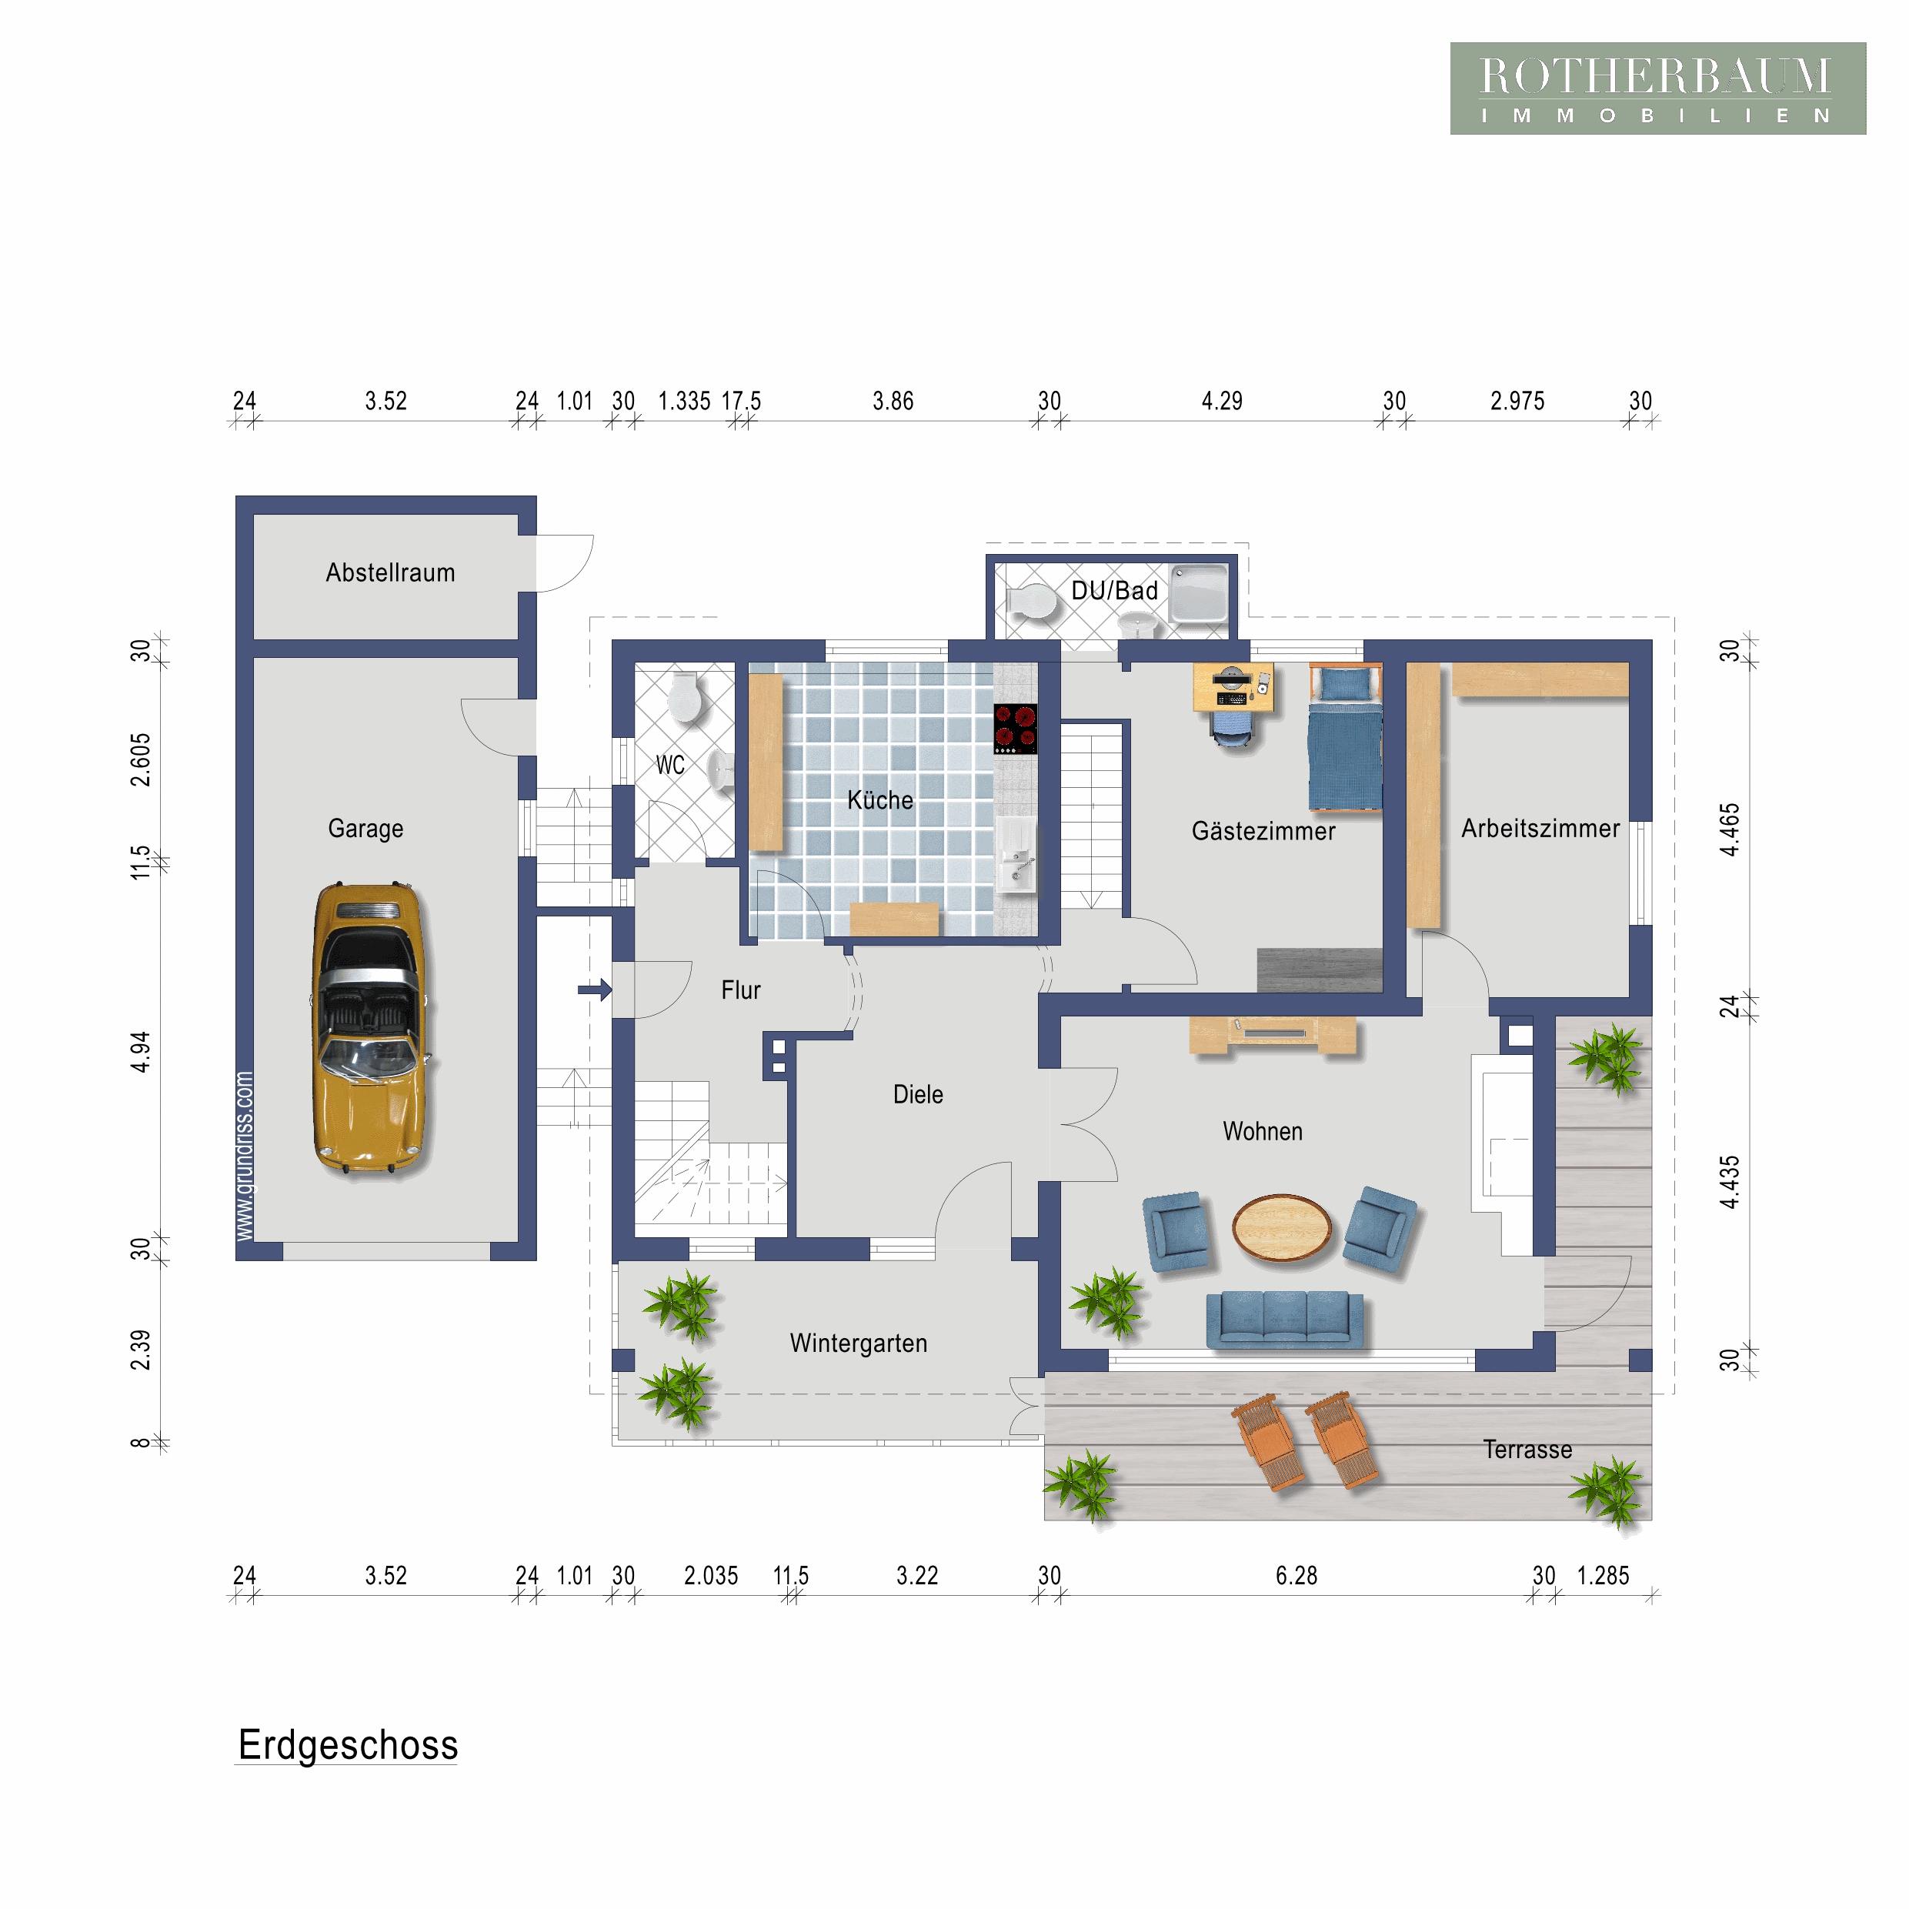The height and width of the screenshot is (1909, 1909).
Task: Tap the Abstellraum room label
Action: pos(390,573)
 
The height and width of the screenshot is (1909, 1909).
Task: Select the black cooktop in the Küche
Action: pos(1016,728)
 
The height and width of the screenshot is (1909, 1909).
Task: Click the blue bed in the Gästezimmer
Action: pos(1345,737)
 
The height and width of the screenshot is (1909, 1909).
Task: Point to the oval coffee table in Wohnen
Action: pos(1282,1226)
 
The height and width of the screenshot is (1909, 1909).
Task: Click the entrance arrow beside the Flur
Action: pos(595,989)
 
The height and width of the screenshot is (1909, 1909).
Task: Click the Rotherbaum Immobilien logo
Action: pos(1657,88)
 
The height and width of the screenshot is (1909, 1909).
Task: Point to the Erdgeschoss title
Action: pos(348,1744)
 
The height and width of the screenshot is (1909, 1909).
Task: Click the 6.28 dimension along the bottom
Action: pos(1297,1575)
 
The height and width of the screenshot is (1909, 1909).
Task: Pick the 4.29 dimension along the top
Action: pos(1221,400)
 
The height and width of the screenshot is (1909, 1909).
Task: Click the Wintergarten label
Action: pos(858,1343)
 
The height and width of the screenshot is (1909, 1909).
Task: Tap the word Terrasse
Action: pos(1527,1450)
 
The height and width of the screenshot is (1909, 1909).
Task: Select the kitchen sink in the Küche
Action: pos(1016,856)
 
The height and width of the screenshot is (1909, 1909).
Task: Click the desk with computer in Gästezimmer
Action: pos(1233,686)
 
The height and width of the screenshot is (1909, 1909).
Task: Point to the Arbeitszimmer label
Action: pos(1540,828)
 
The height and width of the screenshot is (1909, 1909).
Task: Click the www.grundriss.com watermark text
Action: pos(244,1156)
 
